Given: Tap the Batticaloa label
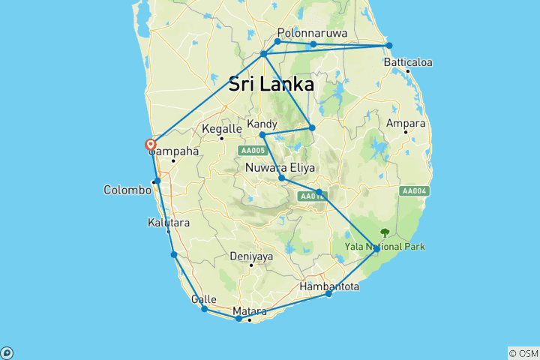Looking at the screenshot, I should [408, 62].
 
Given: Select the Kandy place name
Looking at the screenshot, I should [262, 124].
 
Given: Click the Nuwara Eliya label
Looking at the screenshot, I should [280, 168].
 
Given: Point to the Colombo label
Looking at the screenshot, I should [127, 190].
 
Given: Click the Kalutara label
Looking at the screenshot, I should [169, 223].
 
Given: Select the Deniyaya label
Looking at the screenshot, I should [251, 256].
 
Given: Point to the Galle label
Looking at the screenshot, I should [204, 299].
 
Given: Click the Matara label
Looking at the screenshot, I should [250, 311].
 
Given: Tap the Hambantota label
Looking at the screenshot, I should [329, 286].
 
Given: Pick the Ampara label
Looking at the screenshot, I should [406, 124].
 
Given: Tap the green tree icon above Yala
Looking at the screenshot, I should [385, 232].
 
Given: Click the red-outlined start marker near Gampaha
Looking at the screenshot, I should [150, 145].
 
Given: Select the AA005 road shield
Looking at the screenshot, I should [253, 151].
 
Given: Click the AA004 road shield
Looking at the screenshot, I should [414, 191].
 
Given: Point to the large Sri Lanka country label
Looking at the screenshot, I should [271, 85].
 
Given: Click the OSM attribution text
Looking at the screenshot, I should [523, 353].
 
